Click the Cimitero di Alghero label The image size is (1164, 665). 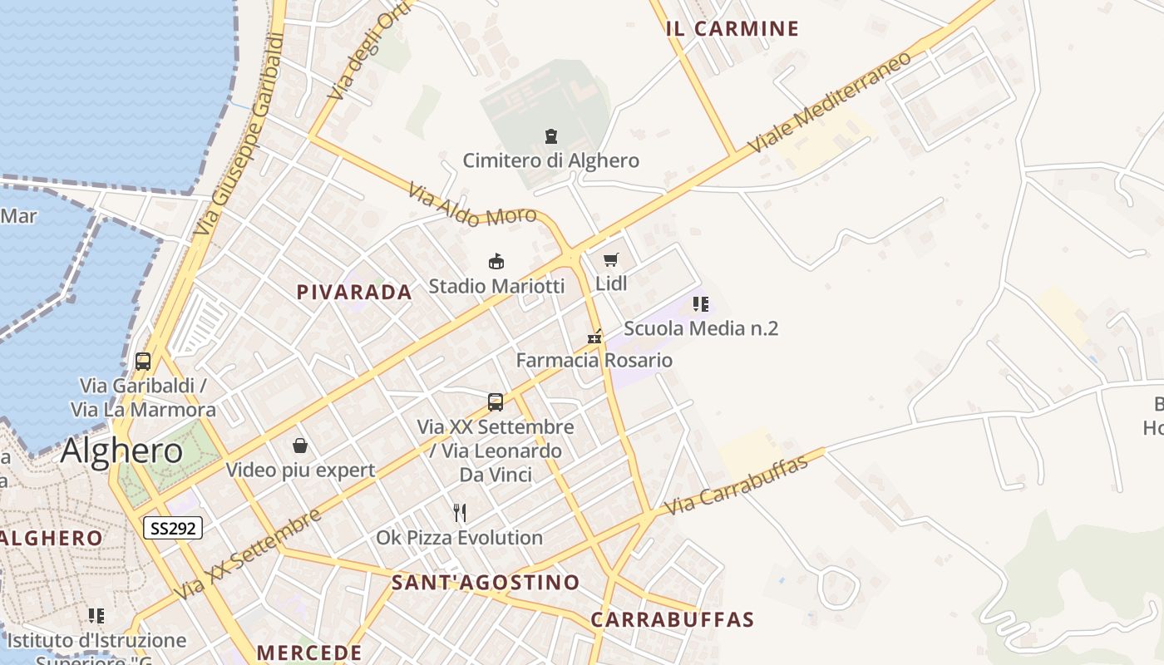point(550,160)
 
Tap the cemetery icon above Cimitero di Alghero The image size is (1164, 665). point(550,135)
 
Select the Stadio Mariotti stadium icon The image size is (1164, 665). point(496,262)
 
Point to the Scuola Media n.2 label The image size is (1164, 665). point(700,328)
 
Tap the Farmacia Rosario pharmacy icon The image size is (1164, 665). point(594,337)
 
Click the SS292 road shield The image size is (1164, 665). point(173,527)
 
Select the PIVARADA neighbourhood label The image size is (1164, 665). point(354,292)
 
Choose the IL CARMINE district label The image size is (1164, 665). point(732,29)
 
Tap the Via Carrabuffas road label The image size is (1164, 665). point(737,485)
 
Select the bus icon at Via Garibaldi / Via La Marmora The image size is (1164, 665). point(143,362)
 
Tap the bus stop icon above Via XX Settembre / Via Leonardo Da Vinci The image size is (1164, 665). point(496,402)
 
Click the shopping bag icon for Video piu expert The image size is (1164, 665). point(300,446)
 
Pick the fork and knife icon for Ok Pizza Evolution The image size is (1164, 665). point(459,513)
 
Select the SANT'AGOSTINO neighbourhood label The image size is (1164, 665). point(486,583)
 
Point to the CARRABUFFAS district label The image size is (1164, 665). point(672,619)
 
